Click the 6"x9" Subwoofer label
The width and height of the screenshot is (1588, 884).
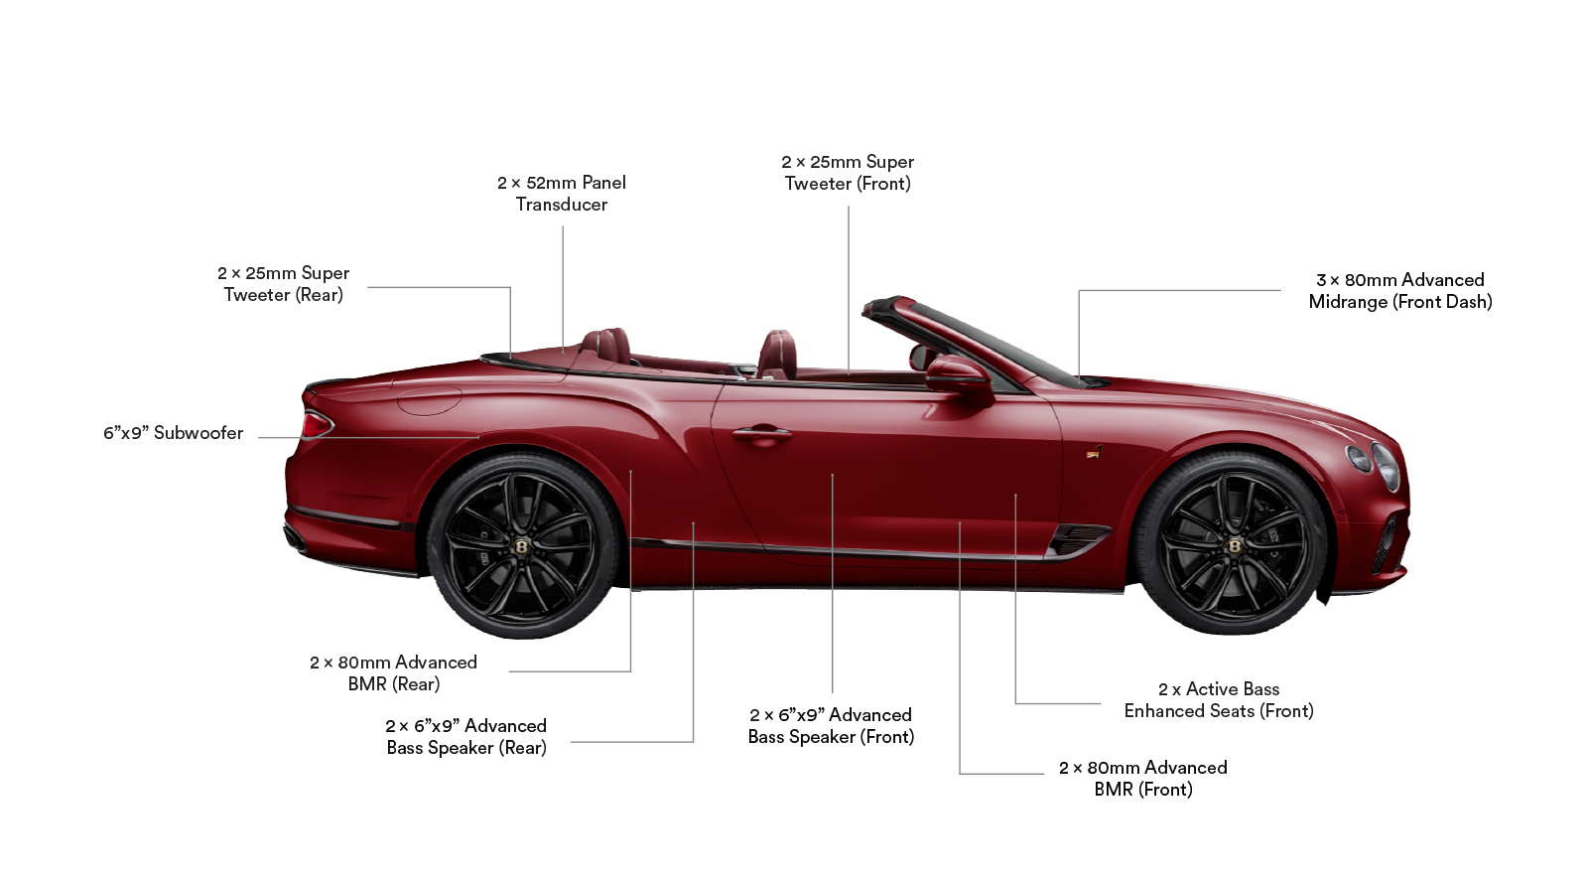(x=173, y=433)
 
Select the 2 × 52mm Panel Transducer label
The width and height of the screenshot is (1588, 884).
(x=562, y=194)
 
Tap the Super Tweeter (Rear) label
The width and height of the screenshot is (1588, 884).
(x=283, y=284)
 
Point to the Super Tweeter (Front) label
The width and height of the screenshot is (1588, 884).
(x=848, y=173)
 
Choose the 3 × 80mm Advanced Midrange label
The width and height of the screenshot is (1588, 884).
(x=1400, y=291)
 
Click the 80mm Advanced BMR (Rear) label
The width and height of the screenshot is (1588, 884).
(x=393, y=673)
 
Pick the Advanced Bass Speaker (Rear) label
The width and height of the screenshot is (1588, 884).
(x=465, y=736)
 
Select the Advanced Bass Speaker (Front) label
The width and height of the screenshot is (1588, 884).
(x=831, y=726)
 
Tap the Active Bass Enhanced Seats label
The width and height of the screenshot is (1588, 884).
(x=1219, y=699)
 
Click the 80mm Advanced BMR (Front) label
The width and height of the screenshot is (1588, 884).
(x=1142, y=779)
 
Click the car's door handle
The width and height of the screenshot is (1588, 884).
(x=762, y=433)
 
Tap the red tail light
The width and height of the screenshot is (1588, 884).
(x=317, y=424)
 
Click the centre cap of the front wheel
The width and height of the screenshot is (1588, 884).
(x=1235, y=545)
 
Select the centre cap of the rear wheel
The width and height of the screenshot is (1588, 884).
(x=522, y=546)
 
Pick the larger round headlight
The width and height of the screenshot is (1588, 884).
(x=1386, y=466)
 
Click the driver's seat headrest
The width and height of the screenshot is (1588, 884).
(x=778, y=349)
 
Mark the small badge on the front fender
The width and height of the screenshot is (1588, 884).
(x=1095, y=451)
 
